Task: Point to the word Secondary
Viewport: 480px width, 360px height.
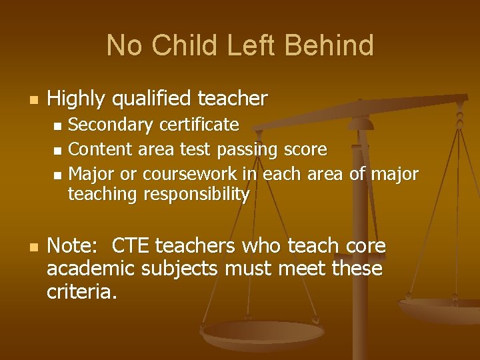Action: coord(109,125)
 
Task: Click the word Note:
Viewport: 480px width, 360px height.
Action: coord(72,246)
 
